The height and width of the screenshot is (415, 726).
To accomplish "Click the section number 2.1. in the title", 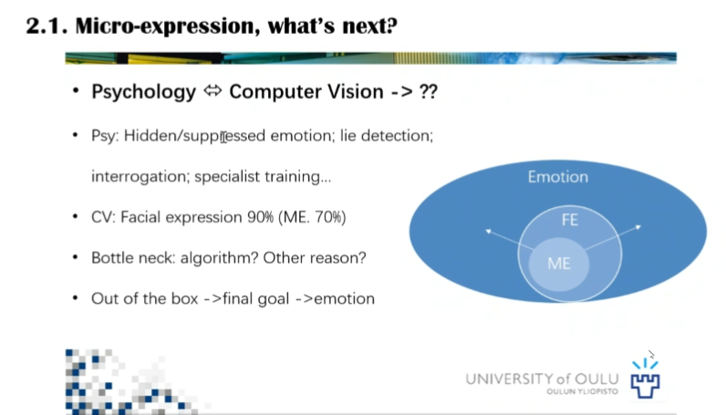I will [x=48, y=26].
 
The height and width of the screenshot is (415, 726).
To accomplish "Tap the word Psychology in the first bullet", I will [x=143, y=92].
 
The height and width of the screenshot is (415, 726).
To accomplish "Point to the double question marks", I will [x=426, y=92].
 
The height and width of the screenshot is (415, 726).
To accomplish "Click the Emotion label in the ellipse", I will [x=557, y=177].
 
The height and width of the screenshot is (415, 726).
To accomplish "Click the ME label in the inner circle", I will [x=558, y=263].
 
